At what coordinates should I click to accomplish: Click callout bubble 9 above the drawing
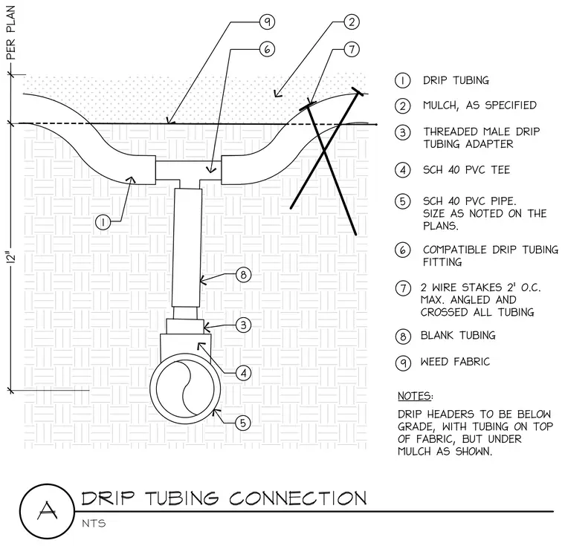coord(267,22)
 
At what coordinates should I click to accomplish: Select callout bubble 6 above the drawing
coord(267,49)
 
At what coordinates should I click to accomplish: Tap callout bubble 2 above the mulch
coord(352,22)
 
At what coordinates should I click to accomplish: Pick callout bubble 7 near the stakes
coord(352,49)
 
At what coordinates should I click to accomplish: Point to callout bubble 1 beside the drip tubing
coord(103,222)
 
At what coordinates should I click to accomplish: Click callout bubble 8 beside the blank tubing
coord(244,275)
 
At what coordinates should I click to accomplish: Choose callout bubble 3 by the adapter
coord(244,325)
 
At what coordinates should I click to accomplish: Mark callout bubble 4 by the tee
coord(244,373)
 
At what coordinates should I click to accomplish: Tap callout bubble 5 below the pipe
coord(243,423)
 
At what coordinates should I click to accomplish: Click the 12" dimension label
coord(12,258)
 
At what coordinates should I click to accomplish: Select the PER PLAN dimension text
coord(11,33)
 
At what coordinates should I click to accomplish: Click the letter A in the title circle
coord(47,510)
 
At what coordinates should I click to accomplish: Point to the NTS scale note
coord(94,523)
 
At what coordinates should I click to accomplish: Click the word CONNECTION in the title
coord(297,498)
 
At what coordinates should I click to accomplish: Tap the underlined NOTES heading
coord(415,396)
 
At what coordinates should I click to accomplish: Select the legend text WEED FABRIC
coord(455,362)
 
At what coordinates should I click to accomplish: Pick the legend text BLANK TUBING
coord(458,335)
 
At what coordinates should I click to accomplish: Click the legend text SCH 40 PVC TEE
coord(467,170)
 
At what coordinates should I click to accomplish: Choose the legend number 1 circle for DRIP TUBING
coord(402,80)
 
